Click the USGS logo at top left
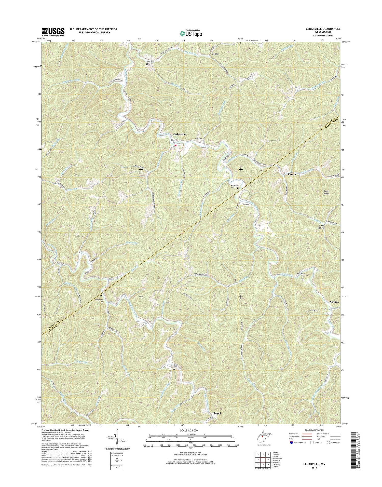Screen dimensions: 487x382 point(53,32)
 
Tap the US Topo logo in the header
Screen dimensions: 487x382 point(191,33)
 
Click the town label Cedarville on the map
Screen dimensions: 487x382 point(180,134)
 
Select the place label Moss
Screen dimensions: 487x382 point(215,54)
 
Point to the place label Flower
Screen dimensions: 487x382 point(292,174)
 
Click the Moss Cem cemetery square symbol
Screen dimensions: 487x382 point(147,64)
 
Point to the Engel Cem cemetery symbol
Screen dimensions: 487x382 point(174,370)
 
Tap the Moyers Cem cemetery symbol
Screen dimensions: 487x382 point(302,279)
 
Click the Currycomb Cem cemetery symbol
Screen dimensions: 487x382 point(101,296)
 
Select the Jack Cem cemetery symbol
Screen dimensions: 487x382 point(242,208)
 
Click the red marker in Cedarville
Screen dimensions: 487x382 point(175,145)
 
